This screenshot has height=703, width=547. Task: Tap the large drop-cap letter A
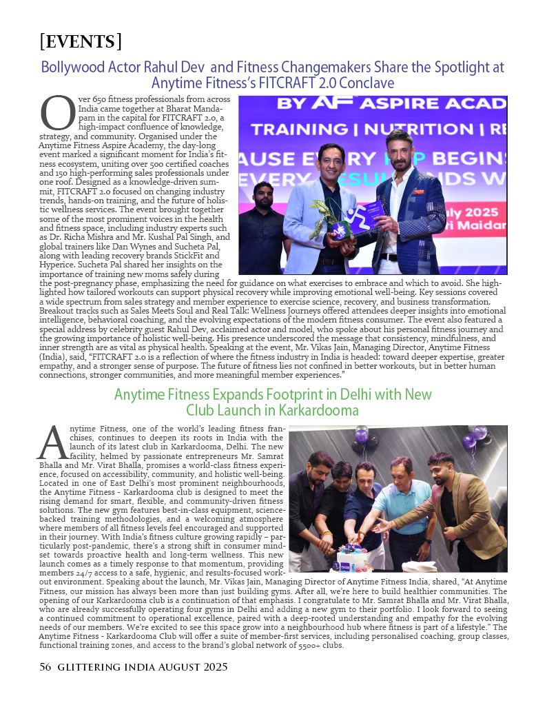click(52, 442)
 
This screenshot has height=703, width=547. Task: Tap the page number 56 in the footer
click(45, 667)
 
